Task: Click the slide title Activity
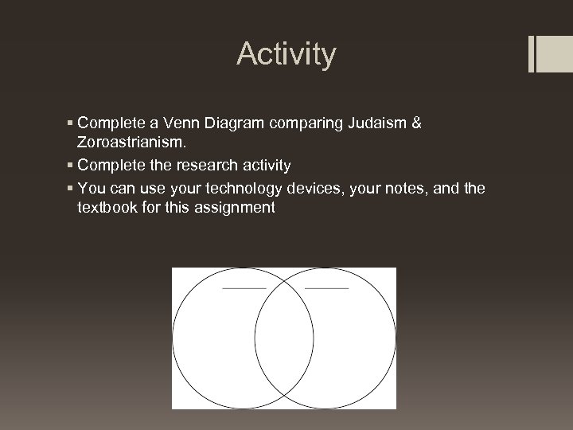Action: click(286, 55)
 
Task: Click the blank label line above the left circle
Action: click(244, 287)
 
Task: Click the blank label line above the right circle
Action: click(326, 287)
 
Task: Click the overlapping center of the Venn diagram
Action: click(284, 338)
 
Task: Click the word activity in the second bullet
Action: click(263, 166)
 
